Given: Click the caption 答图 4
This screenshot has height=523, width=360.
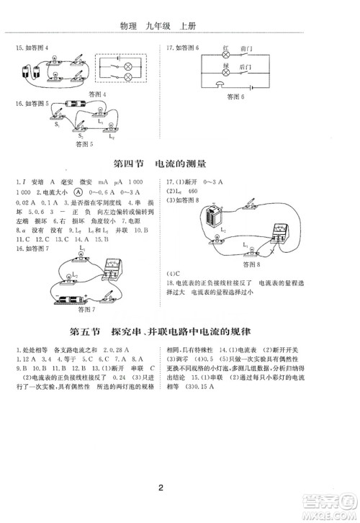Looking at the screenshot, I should click(93, 94).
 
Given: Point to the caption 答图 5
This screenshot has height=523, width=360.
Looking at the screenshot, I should click(86, 143).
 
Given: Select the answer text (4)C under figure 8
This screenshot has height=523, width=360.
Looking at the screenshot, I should click(172, 274).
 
